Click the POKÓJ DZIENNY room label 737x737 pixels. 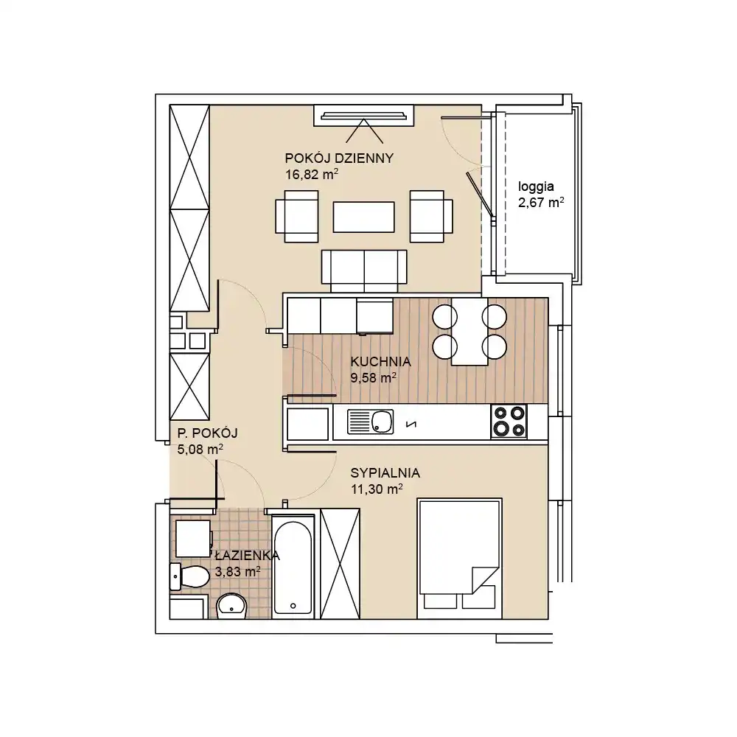point(339,158)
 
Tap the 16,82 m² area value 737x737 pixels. point(312,175)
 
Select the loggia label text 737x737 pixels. point(536,187)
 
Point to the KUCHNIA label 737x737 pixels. point(381,361)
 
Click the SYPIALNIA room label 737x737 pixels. point(385,473)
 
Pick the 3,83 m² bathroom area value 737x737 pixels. point(237,572)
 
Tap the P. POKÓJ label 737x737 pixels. point(207,433)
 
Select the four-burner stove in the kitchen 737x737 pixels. point(509,421)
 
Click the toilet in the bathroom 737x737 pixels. point(189,576)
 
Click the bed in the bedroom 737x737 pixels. point(459,559)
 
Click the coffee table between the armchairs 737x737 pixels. point(364,217)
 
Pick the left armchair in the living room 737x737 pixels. point(297,216)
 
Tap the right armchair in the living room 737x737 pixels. point(431,216)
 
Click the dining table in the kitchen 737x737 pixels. point(469,332)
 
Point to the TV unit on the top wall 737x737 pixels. point(364,115)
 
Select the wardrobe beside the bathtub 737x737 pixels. point(340,564)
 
